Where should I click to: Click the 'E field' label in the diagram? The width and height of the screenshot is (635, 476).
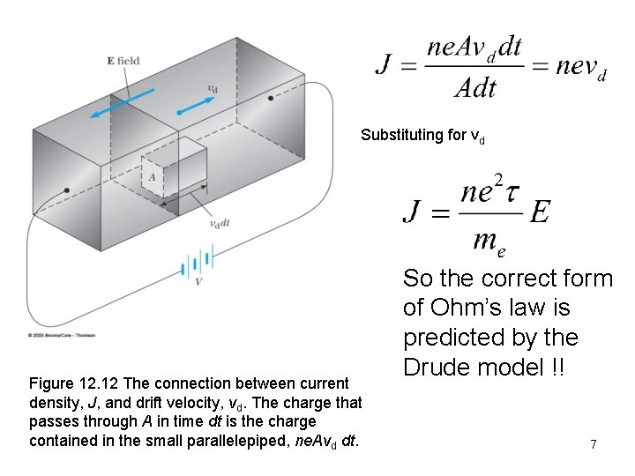click(123, 61)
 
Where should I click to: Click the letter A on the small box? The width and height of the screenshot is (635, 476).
click(153, 177)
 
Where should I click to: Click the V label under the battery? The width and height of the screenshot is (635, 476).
click(198, 282)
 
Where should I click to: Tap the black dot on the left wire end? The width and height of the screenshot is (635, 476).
click(67, 190)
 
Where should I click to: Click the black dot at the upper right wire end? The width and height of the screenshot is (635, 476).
click(271, 97)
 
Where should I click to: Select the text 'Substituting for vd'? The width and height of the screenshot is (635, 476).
click(422, 136)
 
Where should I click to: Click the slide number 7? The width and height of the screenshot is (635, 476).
click(594, 445)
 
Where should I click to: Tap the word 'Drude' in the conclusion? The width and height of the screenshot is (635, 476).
click(443, 368)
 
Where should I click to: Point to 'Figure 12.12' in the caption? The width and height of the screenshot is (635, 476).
click(74, 384)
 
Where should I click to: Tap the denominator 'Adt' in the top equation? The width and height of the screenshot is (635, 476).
click(475, 86)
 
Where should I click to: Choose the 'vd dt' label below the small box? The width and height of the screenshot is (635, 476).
click(219, 223)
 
